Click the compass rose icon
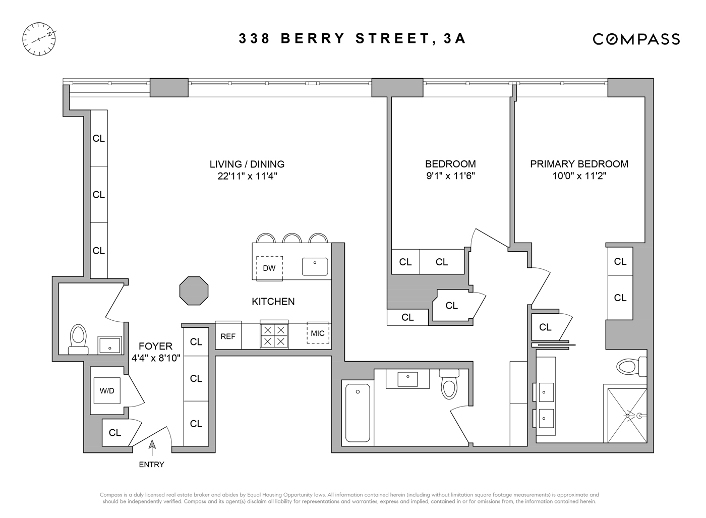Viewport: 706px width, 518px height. pyautogui.click(x=39, y=39)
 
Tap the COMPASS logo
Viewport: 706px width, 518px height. pyautogui.click(x=636, y=39)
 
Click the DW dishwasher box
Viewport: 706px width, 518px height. pyautogui.click(x=269, y=268)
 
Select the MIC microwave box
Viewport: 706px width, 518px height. pyautogui.click(x=318, y=333)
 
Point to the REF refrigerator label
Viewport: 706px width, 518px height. pyautogui.click(x=228, y=336)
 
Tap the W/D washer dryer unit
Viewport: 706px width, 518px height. pyautogui.click(x=107, y=391)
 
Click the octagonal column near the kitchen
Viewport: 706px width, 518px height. pyautogui.click(x=194, y=291)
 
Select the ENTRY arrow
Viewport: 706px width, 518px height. pyautogui.click(x=152, y=445)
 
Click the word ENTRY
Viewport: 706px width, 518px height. pyautogui.click(x=151, y=465)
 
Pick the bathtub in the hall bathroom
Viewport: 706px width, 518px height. pyautogui.click(x=358, y=413)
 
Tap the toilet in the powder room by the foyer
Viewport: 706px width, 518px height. pyautogui.click(x=78, y=339)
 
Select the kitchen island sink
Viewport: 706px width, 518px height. pyautogui.click(x=315, y=266)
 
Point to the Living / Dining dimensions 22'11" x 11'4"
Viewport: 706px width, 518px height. pyautogui.click(x=247, y=176)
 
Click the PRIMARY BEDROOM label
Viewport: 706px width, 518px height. pyautogui.click(x=579, y=164)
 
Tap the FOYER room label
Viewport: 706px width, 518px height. pyautogui.click(x=155, y=346)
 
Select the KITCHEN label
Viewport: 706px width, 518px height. pyautogui.click(x=273, y=302)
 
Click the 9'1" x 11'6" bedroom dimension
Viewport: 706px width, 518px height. pyautogui.click(x=450, y=176)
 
